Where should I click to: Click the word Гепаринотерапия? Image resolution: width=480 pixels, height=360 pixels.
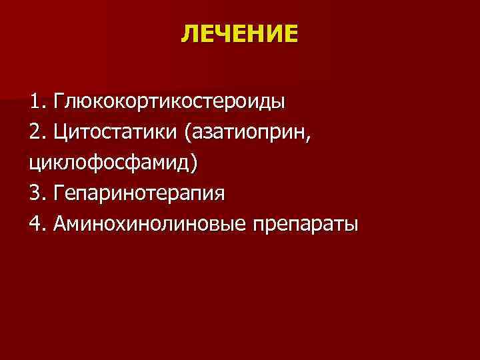coord(141,193)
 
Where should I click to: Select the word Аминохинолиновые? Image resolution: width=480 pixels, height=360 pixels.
coord(151,223)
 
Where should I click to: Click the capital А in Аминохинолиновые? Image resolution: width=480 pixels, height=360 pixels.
coord(62,223)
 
